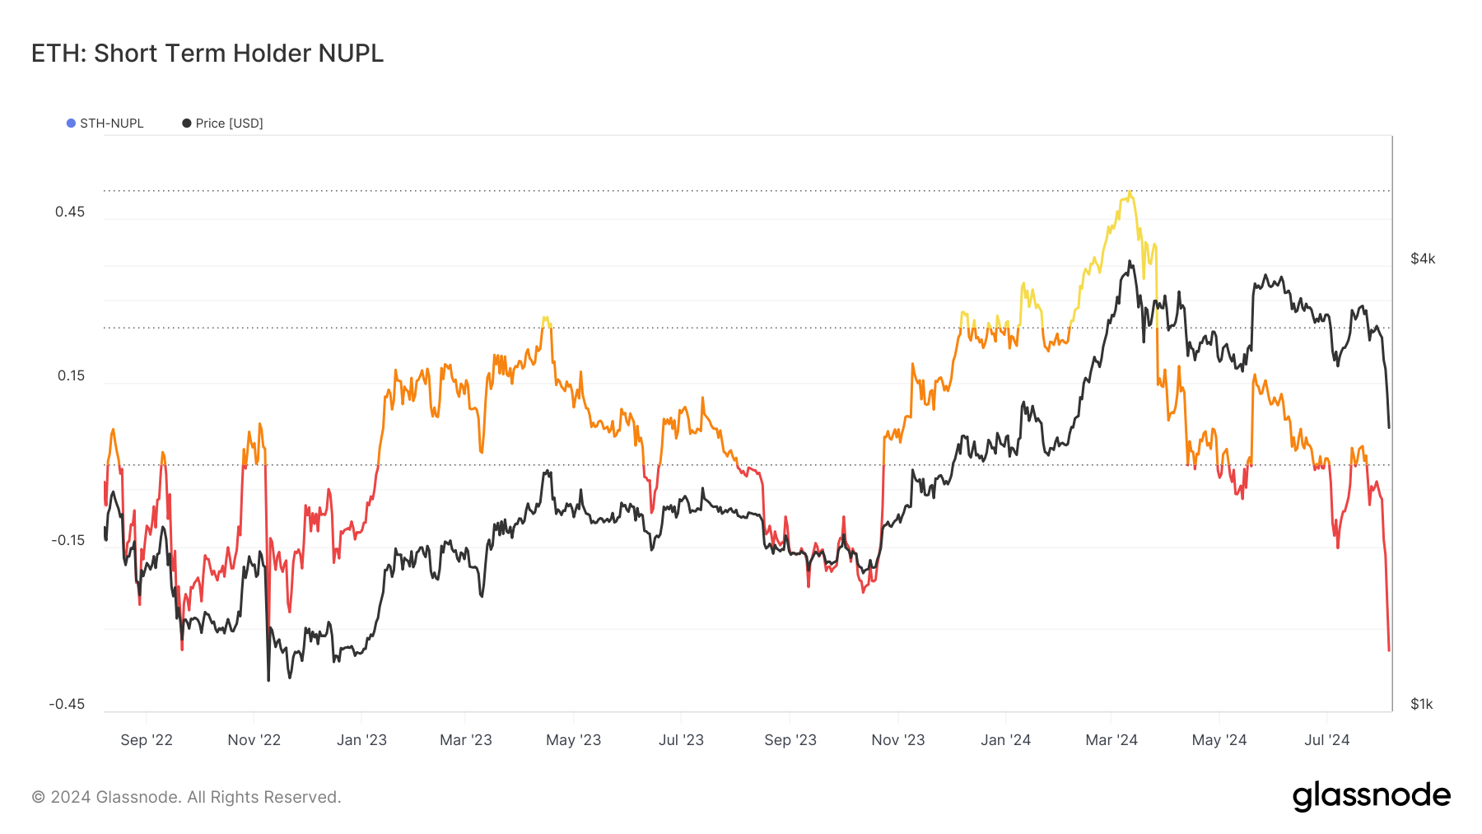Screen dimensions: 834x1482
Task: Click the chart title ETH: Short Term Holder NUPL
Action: (207, 54)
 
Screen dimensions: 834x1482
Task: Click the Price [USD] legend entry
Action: (223, 123)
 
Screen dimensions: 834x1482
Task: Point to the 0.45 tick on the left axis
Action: (70, 212)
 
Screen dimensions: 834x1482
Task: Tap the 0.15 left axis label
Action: (71, 375)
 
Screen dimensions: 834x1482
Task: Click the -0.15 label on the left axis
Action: (68, 540)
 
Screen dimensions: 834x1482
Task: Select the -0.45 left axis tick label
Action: (67, 704)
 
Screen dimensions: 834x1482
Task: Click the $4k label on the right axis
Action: (1423, 259)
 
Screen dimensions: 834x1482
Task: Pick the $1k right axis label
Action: (1422, 704)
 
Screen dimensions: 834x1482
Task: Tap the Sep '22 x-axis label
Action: (147, 739)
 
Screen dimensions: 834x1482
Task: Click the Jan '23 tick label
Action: (361, 739)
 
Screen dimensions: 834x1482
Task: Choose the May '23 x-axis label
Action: (573, 739)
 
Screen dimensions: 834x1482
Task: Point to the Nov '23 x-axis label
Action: (897, 739)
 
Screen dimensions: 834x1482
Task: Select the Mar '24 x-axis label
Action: (1111, 739)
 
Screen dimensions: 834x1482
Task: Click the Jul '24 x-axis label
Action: (1326, 739)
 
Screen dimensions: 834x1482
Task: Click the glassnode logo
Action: (1371, 796)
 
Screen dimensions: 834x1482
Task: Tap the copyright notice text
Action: (186, 797)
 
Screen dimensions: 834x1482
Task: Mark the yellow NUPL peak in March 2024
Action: (1130, 193)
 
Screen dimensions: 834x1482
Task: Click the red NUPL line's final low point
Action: (1389, 650)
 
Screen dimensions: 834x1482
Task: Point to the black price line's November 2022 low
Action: (268, 680)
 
